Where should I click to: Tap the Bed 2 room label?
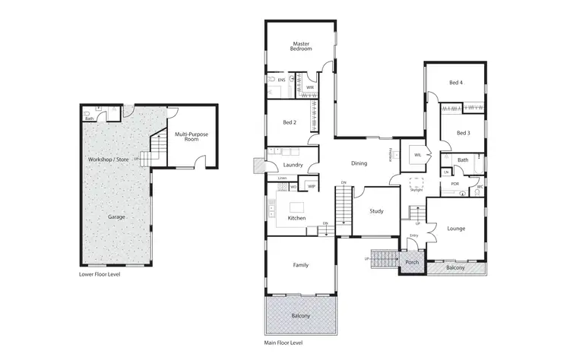pyautogui.click(x=289, y=122)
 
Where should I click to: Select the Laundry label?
pyautogui.click(x=293, y=165)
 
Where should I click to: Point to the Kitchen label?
pyautogui.click(x=296, y=218)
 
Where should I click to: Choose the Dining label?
pyautogui.click(x=359, y=163)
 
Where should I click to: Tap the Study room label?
pyautogui.click(x=375, y=211)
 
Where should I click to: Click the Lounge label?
pyautogui.click(x=456, y=228)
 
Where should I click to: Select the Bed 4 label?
pyautogui.click(x=455, y=82)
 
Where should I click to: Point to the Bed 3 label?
pyautogui.click(x=464, y=133)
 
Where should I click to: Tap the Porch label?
pyautogui.click(x=412, y=263)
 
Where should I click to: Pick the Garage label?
pyautogui.click(x=116, y=216)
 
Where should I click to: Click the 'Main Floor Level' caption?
pyautogui.click(x=285, y=343)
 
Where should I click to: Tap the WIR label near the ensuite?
pyautogui.click(x=309, y=87)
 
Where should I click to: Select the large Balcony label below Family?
pyautogui.click(x=301, y=315)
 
